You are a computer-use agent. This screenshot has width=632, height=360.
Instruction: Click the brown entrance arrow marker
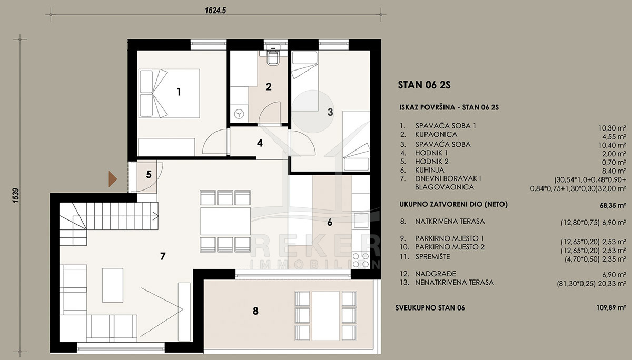coord(113,179)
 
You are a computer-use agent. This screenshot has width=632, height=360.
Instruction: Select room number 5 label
coord(149,175)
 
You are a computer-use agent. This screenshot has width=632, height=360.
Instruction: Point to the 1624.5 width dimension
coord(215,11)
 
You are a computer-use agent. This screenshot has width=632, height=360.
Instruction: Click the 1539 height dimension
coord(16,195)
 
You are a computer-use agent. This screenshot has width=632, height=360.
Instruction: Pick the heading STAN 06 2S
coord(424,85)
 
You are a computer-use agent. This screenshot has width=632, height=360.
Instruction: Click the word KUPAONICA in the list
coord(436,134)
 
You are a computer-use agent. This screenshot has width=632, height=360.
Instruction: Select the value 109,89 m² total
coord(611,307)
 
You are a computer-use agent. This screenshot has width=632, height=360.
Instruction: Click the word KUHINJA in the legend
coord(429,170)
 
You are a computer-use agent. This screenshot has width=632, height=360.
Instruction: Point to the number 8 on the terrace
coord(255,311)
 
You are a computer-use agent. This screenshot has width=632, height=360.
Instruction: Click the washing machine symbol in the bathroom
coord(239,114)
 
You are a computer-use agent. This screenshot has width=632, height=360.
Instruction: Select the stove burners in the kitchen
coord(361,260)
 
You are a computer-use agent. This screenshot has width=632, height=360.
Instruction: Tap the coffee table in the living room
coord(113,285)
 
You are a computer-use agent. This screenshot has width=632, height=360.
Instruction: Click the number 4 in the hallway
coord(260,143)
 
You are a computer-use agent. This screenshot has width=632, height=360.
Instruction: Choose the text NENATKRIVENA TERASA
coord(454,282)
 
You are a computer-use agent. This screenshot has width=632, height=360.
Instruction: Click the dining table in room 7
coord(225,221)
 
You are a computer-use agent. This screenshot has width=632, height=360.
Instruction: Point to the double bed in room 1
coord(169,93)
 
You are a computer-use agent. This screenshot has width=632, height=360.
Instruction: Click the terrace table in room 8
coord(325,316)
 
